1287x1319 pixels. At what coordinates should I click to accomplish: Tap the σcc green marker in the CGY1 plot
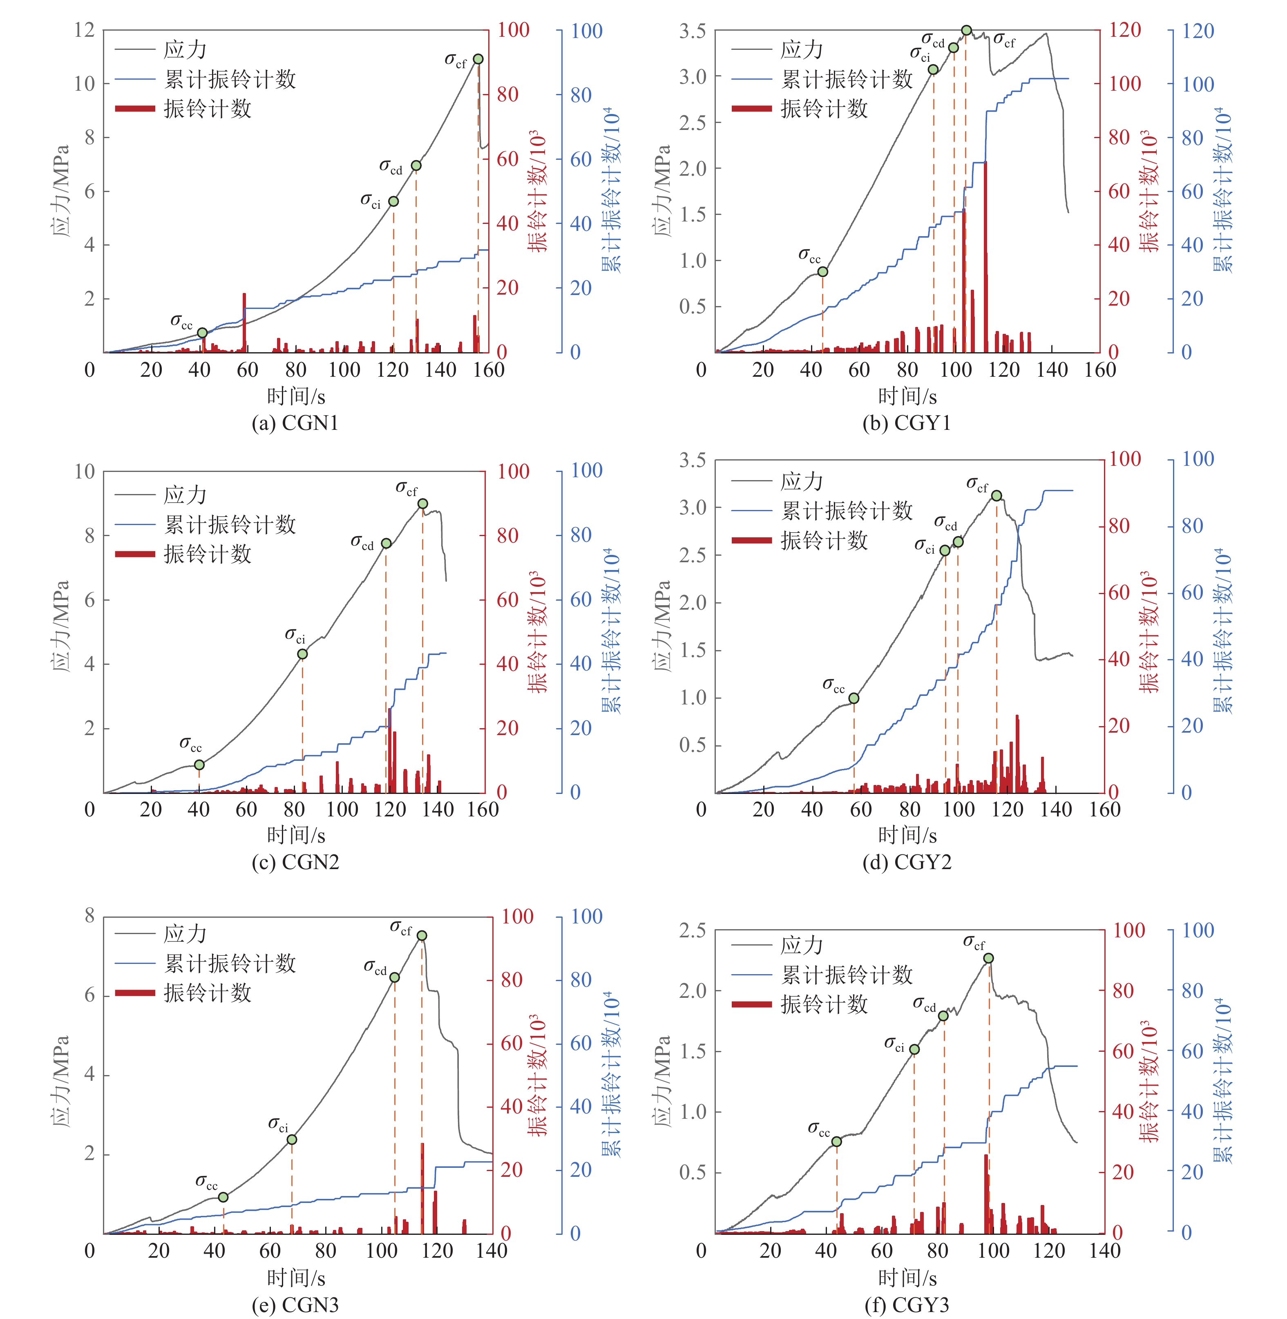822,272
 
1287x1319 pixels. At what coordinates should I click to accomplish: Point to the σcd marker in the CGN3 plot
395,977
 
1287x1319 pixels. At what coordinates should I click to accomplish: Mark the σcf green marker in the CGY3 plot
988,958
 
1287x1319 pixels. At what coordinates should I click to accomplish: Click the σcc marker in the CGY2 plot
854,698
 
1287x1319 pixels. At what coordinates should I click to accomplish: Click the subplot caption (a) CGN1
295,423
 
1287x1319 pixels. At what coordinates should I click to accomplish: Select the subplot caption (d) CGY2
907,863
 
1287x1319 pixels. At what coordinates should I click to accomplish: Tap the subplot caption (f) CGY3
907,1304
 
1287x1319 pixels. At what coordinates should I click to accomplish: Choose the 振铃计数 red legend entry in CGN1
207,109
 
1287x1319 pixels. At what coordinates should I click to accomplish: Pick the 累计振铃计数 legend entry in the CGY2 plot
846,511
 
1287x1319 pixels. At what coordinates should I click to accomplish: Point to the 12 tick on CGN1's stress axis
85,30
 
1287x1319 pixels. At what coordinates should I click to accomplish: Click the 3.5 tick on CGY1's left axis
693,31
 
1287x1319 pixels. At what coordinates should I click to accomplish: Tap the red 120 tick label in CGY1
1125,30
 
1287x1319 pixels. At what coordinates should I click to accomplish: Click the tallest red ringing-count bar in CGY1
985,257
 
